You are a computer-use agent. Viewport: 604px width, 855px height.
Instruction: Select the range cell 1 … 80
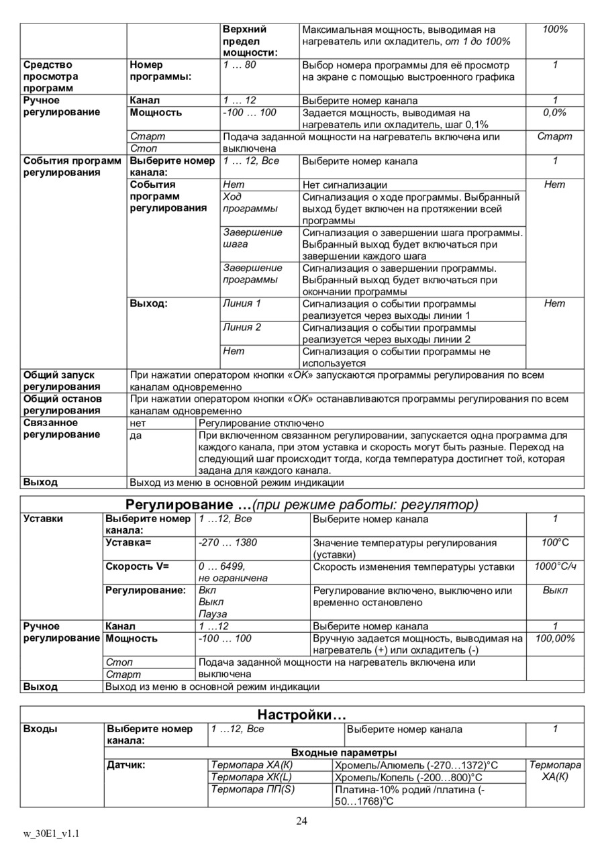[240, 65]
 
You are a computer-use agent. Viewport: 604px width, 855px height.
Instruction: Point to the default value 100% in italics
[554, 30]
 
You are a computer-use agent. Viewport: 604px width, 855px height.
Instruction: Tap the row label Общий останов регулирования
[62, 405]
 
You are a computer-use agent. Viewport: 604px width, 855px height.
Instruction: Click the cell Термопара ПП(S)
[253, 789]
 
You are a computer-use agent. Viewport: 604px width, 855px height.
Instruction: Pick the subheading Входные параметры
[344, 752]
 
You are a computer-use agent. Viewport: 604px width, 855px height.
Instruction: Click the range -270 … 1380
[228, 542]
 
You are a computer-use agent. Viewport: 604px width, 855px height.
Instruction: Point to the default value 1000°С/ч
[555, 566]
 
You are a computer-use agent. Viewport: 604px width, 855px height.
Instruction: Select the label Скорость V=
[137, 566]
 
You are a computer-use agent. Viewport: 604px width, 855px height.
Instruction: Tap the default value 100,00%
[555, 638]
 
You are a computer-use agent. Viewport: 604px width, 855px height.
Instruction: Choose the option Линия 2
[242, 327]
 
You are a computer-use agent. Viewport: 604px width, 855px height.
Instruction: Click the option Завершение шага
[252, 238]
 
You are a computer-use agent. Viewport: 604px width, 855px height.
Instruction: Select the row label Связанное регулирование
[62, 428]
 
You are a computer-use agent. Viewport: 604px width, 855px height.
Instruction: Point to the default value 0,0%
[554, 113]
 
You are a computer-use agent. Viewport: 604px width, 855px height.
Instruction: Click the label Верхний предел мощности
[250, 41]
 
